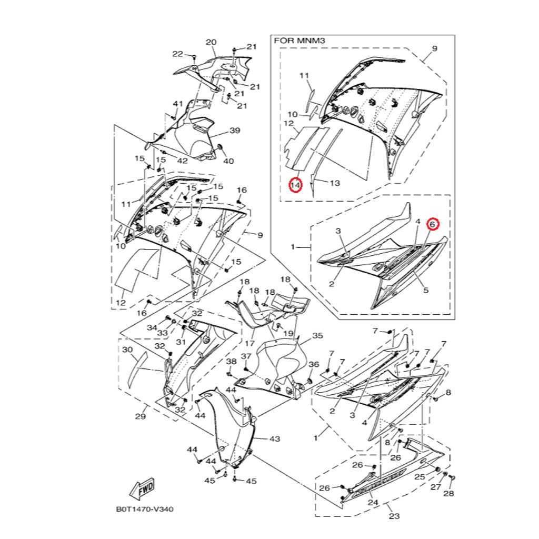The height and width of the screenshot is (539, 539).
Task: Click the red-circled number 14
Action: coord(295,185)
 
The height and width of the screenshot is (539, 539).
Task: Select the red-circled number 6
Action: coord(432,224)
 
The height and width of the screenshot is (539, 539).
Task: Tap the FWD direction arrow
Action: coord(142,490)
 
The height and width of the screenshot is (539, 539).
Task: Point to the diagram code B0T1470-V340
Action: coord(145,510)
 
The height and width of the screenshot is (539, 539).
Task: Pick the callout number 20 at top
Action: coord(211,42)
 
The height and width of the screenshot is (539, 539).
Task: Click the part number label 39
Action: coord(235,131)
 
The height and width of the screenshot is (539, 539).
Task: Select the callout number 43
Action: coord(274,438)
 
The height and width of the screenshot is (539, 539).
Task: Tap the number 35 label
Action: coord(317,335)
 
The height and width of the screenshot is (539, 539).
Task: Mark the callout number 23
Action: coord(394,516)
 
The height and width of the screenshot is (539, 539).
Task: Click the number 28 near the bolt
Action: coord(448,493)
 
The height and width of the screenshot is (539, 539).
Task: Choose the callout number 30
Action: coord(127,350)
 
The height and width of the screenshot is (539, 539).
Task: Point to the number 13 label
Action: coord(335,183)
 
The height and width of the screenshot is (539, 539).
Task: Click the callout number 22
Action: coord(177,54)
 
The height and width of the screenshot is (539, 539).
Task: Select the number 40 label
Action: coord(228,161)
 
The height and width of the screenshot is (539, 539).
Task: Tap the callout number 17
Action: coord(251,343)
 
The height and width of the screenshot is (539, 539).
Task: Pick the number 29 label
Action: coord(139,417)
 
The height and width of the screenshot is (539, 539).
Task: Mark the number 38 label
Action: coord(232,362)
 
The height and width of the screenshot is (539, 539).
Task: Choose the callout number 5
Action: coord(425,290)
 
